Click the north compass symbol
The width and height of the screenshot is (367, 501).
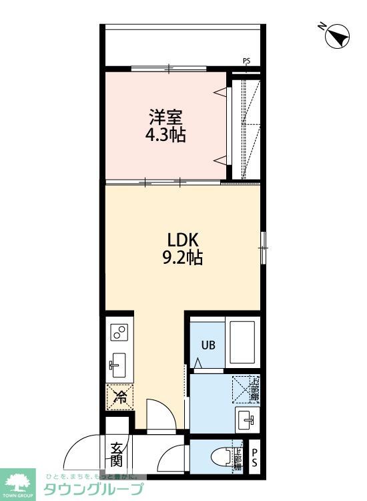pyautogui.click(x=338, y=36)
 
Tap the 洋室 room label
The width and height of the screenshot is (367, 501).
pyautogui.click(x=165, y=118)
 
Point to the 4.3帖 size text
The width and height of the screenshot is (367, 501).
pyautogui.click(x=165, y=136)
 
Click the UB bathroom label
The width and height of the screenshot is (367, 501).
pyautogui.click(x=208, y=345)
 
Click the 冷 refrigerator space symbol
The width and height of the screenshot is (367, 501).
pyautogui.click(x=120, y=397)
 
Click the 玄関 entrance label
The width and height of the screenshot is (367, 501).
pyautogui.click(x=117, y=454)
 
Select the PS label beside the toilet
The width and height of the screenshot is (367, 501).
pyautogui.click(x=254, y=458)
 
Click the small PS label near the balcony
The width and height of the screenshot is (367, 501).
pyautogui.click(x=247, y=62)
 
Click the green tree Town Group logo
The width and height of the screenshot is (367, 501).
pyautogui.click(x=20, y=479)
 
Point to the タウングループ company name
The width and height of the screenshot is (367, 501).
pyautogui.click(x=93, y=489)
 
